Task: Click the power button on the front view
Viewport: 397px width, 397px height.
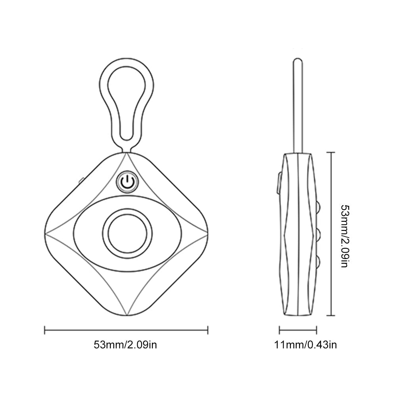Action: [127, 182]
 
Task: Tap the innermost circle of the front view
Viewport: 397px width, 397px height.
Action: [127, 234]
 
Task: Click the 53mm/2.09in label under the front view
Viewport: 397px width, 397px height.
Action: [125, 345]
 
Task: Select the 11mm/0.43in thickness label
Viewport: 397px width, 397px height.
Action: [305, 345]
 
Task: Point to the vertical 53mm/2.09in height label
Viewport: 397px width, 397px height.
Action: [345, 236]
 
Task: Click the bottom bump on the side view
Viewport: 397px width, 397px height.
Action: [318, 262]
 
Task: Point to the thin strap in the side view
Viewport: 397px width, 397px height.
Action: [298, 106]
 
